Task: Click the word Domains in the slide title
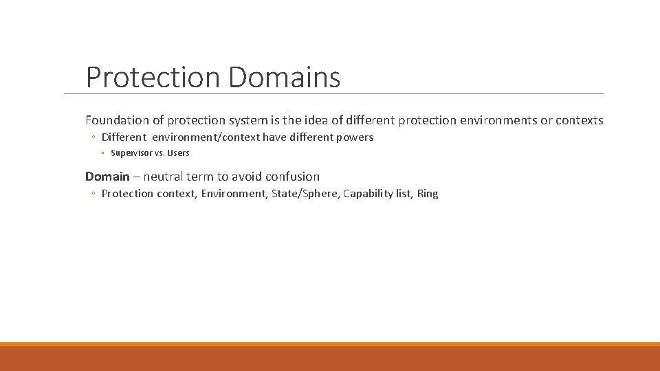[x=284, y=77]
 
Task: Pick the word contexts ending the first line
[x=580, y=120]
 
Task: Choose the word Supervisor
[x=131, y=153]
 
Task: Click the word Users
[x=177, y=153]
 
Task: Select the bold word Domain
[x=107, y=177]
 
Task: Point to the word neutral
[x=164, y=177]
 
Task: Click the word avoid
[x=247, y=177]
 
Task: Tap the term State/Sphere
[x=305, y=194]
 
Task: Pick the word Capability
[x=368, y=194]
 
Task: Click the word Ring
[x=427, y=194]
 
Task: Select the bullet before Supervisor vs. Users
[x=102, y=153]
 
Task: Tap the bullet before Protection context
[x=93, y=194]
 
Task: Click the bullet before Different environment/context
[x=93, y=137]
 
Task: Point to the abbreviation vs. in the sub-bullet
[x=159, y=153]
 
